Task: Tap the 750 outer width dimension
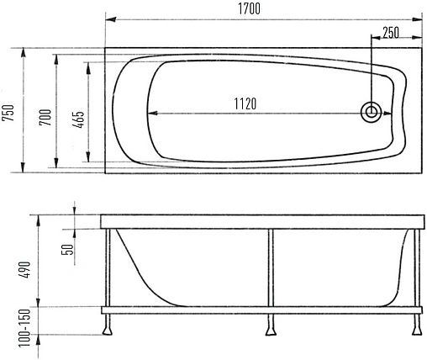(x=9, y=111)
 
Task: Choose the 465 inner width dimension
(x=78, y=118)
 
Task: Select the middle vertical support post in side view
(x=270, y=267)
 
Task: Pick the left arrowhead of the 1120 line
(x=152, y=113)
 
